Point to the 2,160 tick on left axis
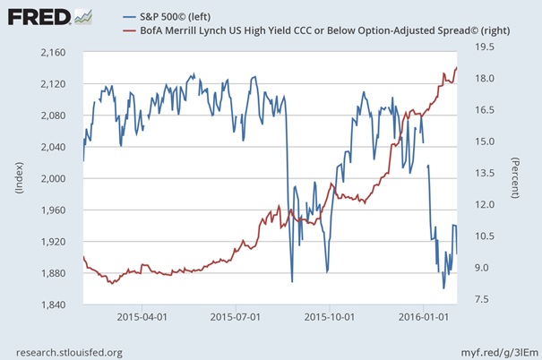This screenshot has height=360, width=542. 58,53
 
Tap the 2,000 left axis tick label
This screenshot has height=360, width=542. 58,178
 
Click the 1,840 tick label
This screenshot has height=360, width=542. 58,304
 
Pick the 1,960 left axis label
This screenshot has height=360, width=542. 58,210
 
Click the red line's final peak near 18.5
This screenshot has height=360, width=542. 457,67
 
